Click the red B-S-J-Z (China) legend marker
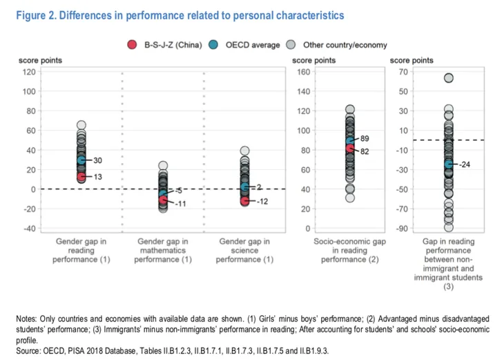pyautogui.click(x=132, y=45)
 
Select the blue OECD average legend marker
pyautogui.click(x=213, y=45)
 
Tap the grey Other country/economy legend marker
pyautogui.click(x=291, y=45)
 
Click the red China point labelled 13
pyautogui.click(x=81, y=177)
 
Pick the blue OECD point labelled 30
pyautogui.click(x=81, y=160)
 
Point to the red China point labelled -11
pyautogui.click(x=164, y=200)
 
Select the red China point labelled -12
pyautogui.click(x=245, y=201)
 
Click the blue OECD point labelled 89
pyautogui.click(x=350, y=141)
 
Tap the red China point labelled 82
pyautogui.click(x=350, y=148)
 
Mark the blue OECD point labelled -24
pyautogui.click(x=449, y=164)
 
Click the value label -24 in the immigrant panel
pyautogui.click(x=465, y=164)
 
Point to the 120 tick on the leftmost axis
pyautogui.click(x=29, y=72)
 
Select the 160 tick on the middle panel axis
pyautogui.click(x=304, y=72)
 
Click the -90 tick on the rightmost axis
pyautogui.click(x=401, y=229)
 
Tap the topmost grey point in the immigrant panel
pyautogui.click(x=449, y=78)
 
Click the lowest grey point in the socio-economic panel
pyautogui.click(x=350, y=198)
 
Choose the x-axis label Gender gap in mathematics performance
pyautogui.click(x=163, y=250)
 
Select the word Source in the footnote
pyautogui.click(x=28, y=350)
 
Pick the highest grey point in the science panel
pyautogui.click(x=245, y=151)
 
